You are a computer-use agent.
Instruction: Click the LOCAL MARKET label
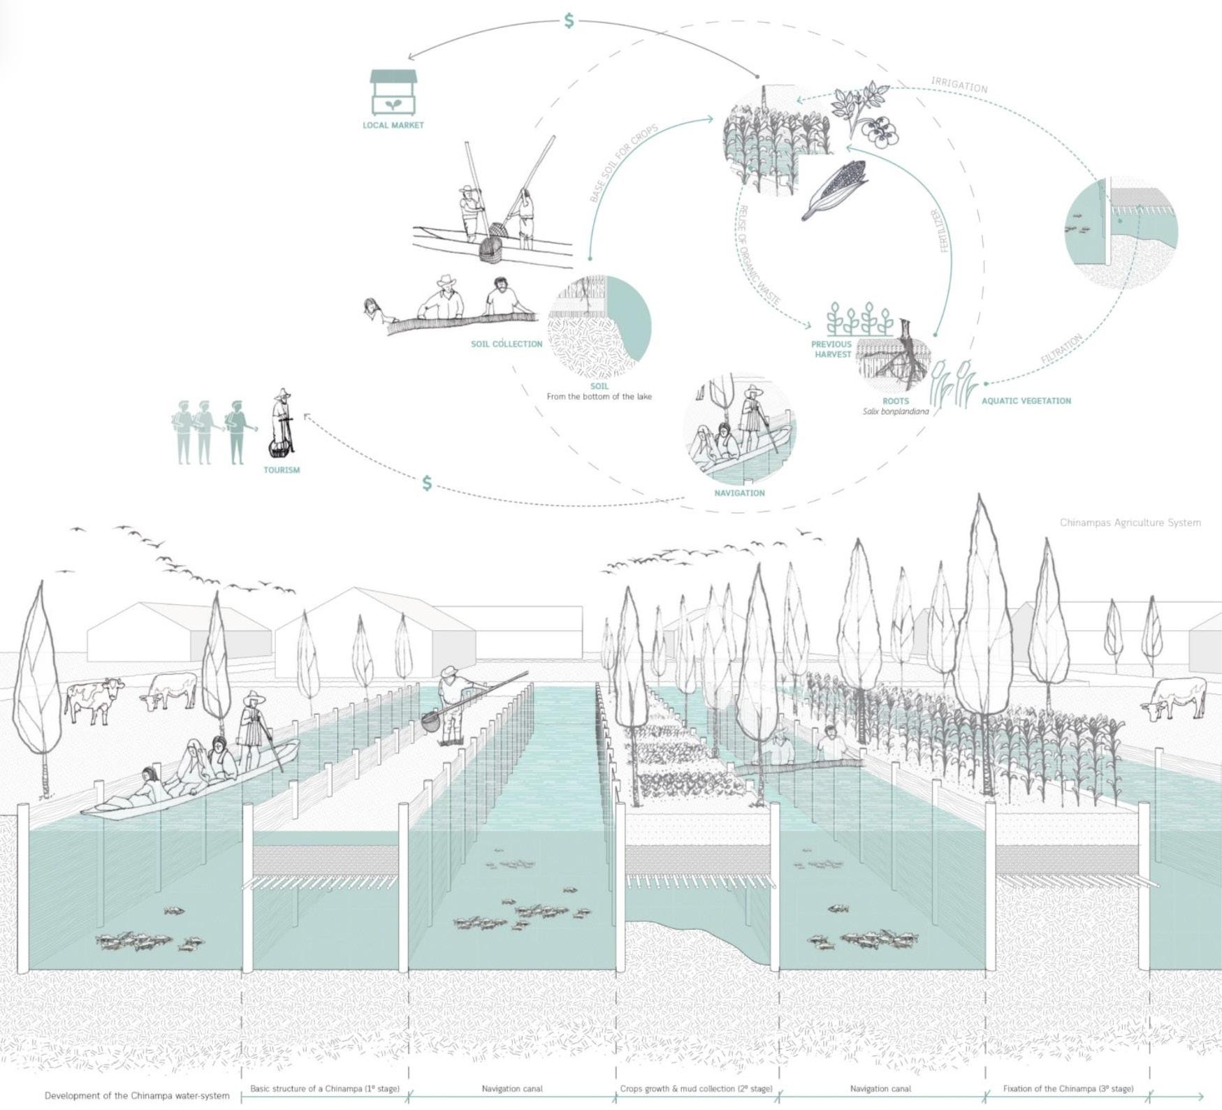pyautogui.click(x=393, y=125)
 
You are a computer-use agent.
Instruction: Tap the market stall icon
pyautogui.click(x=393, y=92)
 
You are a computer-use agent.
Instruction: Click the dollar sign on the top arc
pyautogui.click(x=569, y=21)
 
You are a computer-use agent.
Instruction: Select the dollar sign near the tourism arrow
pyautogui.click(x=427, y=483)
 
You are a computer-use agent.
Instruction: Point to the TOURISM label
pyautogui.click(x=282, y=470)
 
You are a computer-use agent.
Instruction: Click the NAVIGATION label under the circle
pyautogui.click(x=739, y=493)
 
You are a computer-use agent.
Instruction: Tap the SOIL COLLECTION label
pyautogui.click(x=507, y=344)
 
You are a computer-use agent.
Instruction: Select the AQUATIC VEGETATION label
pyautogui.click(x=1026, y=401)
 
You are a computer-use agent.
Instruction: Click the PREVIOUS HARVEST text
pyautogui.click(x=831, y=349)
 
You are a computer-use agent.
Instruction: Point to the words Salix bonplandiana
pyautogui.click(x=896, y=411)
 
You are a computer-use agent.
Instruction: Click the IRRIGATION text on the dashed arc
pyautogui.click(x=959, y=85)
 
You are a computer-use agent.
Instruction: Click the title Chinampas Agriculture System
pyautogui.click(x=1130, y=523)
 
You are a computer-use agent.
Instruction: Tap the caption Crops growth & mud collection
pyautogui.click(x=696, y=1088)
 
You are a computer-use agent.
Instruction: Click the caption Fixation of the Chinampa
pyautogui.click(x=1068, y=1088)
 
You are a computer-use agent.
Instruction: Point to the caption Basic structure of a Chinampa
pyautogui.click(x=325, y=1088)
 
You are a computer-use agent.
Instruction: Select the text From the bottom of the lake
pyautogui.click(x=599, y=397)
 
